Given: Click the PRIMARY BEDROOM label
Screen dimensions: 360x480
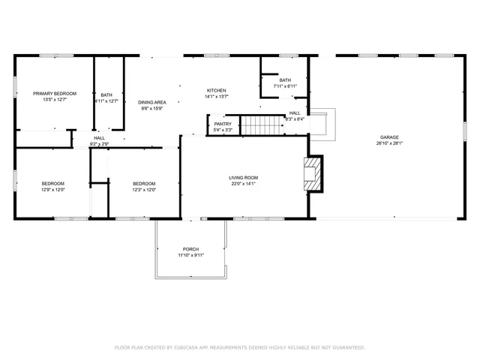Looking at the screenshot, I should coord(55,94).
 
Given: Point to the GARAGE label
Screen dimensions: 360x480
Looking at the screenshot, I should coord(389,137).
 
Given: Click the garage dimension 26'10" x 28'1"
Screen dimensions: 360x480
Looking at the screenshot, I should coord(389,143).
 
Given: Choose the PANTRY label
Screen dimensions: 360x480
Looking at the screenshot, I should coord(223,124).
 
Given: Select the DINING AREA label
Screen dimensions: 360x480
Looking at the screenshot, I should coord(152,102).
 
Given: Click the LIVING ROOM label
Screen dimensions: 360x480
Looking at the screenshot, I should coord(243,178).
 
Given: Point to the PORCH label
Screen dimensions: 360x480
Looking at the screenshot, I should coord(191,249).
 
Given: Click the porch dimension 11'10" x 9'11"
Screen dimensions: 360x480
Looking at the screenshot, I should coord(191,255).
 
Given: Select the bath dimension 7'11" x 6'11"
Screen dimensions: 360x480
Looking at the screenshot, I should coord(285,86).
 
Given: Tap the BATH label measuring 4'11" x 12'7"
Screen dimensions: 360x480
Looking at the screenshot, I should coord(106,94).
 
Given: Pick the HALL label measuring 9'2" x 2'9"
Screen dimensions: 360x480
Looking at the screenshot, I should coord(99,138).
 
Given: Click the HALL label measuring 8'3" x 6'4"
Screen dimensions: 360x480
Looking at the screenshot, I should coord(295,112).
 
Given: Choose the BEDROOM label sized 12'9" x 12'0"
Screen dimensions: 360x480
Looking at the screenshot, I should coord(52,184).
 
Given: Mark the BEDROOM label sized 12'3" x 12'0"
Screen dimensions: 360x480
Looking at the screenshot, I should coord(144,184).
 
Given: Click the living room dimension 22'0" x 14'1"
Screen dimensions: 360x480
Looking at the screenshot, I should coord(243,184).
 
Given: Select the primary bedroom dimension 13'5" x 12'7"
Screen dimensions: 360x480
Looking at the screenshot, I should coord(55,100).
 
